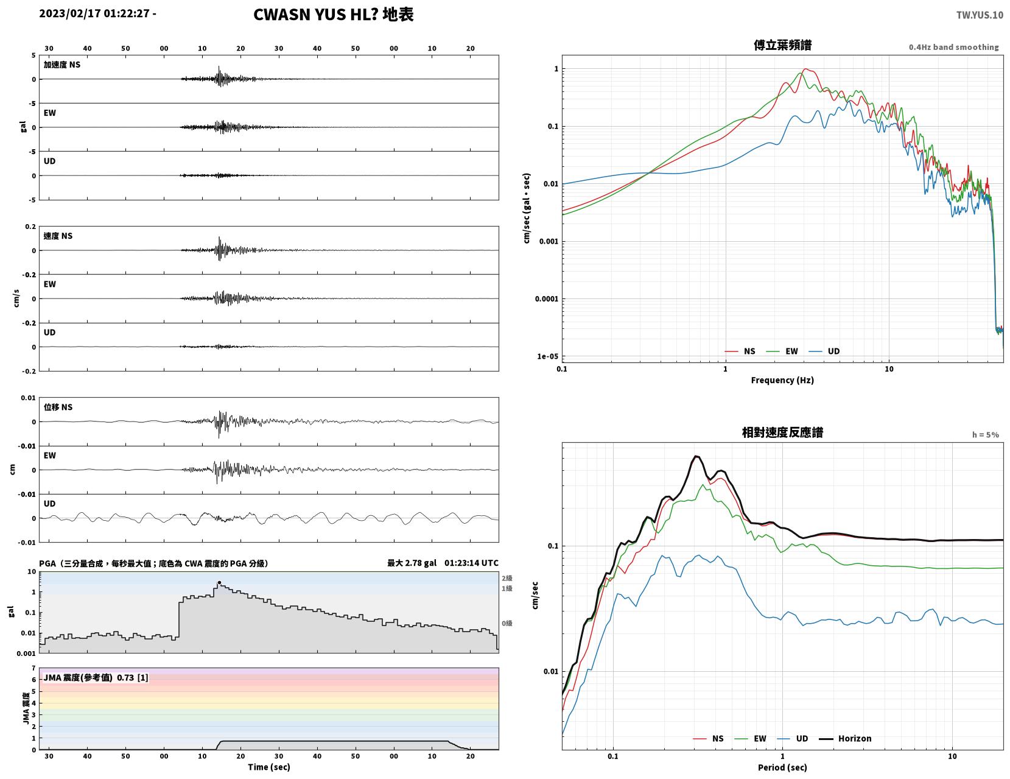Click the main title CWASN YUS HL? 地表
(x=333, y=15)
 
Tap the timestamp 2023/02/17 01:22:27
(x=94, y=13)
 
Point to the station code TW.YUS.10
(x=980, y=15)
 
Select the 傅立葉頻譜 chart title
(x=782, y=45)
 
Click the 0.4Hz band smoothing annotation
(x=953, y=47)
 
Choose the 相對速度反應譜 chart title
(x=782, y=432)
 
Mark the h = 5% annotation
(x=986, y=435)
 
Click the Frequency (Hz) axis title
(x=782, y=379)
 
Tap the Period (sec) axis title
(x=782, y=767)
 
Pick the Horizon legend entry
(x=844, y=738)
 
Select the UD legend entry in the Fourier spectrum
(x=824, y=351)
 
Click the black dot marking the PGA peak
(x=219, y=582)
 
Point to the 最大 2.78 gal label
(x=412, y=563)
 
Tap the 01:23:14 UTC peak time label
(x=471, y=563)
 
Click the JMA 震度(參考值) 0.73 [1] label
(x=96, y=677)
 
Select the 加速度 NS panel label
(x=62, y=65)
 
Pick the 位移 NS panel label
(x=58, y=407)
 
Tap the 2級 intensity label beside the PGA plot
(x=507, y=578)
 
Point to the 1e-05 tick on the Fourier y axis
(x=547, y=356)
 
